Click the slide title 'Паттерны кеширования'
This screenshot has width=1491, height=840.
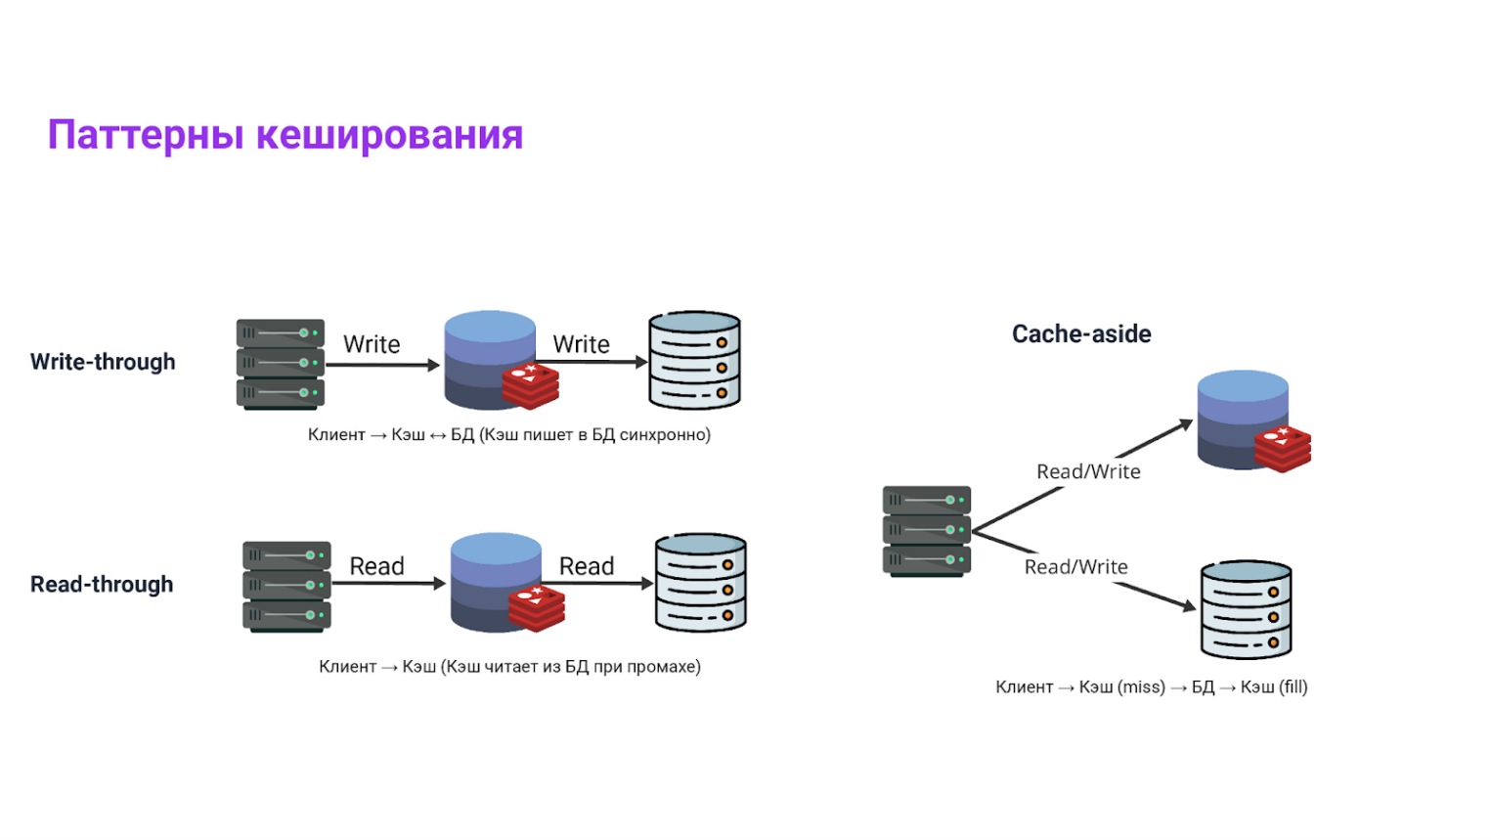(x=285, y=135)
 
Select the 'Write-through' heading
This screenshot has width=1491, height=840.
(x=103, y=362)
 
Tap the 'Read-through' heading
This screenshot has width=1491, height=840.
(x=102, y=585)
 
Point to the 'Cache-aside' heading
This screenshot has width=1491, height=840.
(x=1081, y=334)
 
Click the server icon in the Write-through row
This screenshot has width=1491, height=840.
(x=281, y=364)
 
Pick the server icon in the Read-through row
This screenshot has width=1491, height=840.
(x=286, y=586)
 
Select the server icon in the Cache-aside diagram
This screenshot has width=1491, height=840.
(x=927, y=531)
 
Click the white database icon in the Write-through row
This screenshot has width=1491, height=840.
(x=695, y=360)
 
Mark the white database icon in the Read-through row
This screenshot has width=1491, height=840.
(x=701, y=583)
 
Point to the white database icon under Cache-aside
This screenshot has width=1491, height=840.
(x=1247, y=609)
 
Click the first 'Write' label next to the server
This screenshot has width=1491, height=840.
(x=372, y=344)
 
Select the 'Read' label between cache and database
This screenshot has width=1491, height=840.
(x=587, y=566)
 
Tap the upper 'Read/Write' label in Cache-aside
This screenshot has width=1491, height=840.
(x=1088, y=471)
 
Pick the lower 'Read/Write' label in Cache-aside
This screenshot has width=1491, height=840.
(x=1075, y=567)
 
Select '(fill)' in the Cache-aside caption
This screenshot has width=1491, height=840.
(x=1293, y=687)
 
